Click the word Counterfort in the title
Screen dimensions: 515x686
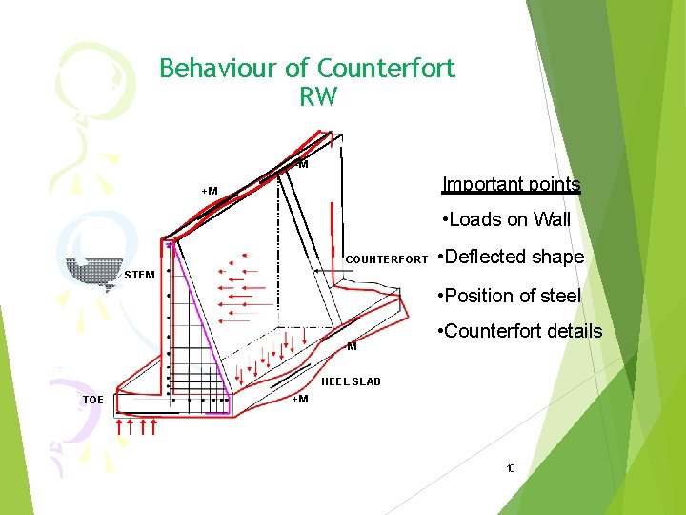coord(386,69)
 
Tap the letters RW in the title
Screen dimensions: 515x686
coord(317,96)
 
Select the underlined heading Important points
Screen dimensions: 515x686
coord(511,184)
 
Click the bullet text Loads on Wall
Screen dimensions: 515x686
coord(507,219)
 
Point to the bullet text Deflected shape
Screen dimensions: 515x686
coord(514,257)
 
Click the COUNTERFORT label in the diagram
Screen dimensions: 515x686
coord(386,259)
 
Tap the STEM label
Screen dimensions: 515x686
coord(139,276)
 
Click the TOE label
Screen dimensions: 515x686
coord(92,400)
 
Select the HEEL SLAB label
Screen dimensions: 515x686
coord(351,381)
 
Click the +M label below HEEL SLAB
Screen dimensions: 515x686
coord(299,399)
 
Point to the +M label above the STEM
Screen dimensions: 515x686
coord(209,191)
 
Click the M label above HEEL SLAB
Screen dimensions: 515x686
coord(352,346)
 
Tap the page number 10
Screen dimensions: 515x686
coord(511,468)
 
